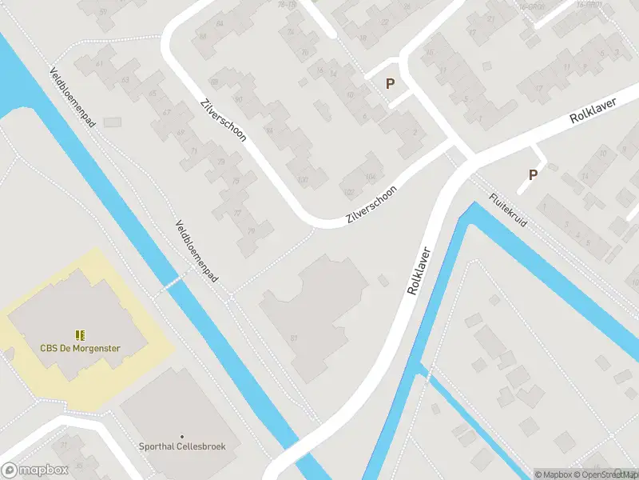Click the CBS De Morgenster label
coord(80,348)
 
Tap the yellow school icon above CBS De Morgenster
coord(80,334)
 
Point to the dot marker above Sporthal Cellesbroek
coord(181,435)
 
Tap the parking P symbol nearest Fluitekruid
coord(533,175)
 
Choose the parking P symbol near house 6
coord(391,83)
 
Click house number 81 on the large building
coord(295,338)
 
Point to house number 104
coord(369,178)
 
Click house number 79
coord(252,232)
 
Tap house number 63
coord(125,79)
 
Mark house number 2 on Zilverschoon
coord(415,133)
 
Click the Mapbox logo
coord(34,470)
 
